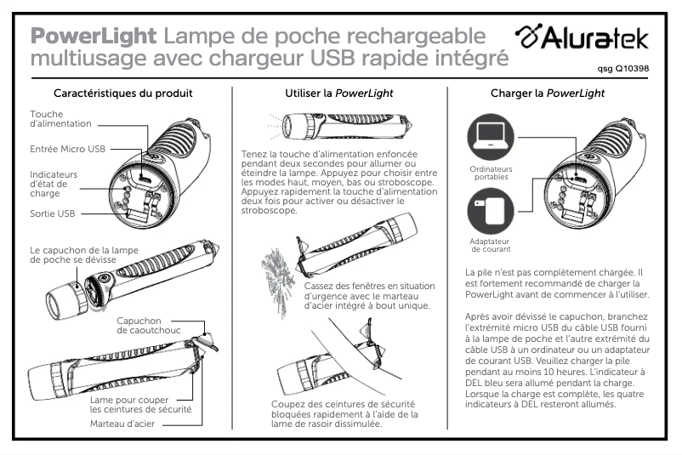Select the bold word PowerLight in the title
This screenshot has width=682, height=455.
[93, 37]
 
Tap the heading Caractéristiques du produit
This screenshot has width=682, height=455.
[122, 93]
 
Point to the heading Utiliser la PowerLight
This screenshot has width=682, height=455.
[339, 93]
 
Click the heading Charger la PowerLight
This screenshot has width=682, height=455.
[547, 93]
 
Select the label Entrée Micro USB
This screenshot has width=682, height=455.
[67, 149]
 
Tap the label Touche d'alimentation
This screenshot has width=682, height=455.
[60, 119]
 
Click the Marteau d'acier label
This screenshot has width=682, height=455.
[122, 423]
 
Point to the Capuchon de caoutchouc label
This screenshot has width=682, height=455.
[150, 326]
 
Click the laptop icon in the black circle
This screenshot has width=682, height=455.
[490, 136]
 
